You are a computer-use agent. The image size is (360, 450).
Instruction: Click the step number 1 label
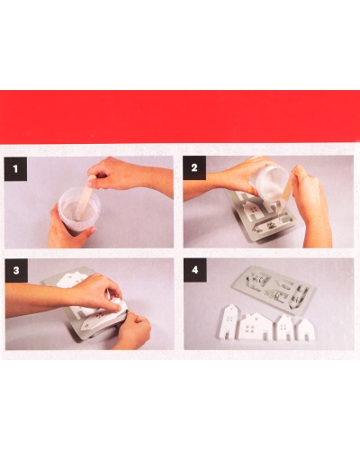pos(15,168)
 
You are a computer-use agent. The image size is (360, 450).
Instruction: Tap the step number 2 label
pos(194,167)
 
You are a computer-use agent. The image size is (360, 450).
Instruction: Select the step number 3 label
pos(16,270)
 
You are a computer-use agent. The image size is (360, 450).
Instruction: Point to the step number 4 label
pos(195,270)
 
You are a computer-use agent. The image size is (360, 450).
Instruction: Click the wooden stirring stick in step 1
pos(85,195)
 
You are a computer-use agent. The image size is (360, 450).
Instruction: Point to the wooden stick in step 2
pos(286,200)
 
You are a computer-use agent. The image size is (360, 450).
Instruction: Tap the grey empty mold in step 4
pos(274,289)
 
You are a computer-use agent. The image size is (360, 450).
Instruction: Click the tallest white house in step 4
pos(230,321)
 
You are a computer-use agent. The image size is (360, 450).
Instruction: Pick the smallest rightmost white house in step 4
pos(305,329)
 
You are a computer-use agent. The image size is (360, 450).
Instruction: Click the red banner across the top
pos(180,117)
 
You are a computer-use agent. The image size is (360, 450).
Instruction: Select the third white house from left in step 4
pos(285,328)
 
